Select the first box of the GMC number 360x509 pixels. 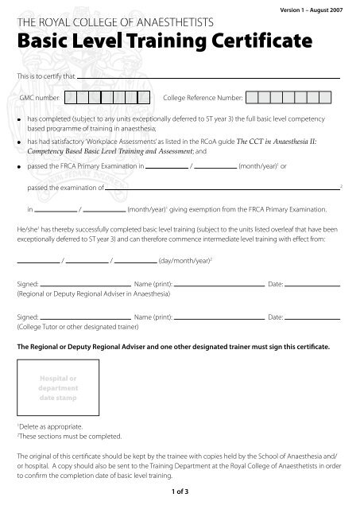[70, 98]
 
